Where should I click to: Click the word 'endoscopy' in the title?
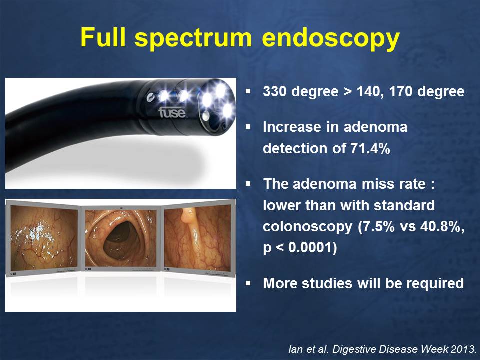[331, 38]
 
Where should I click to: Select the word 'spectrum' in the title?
[193, 39]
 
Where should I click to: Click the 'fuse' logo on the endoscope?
[172, 112]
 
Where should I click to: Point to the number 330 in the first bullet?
[274, 91]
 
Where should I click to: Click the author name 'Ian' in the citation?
[295, 349]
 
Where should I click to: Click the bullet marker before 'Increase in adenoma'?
[248, 126]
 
